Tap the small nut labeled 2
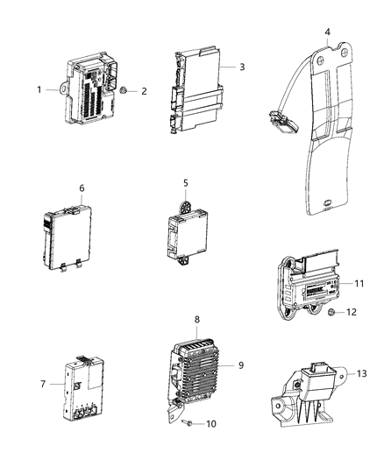pyautogui.click(x=126, y=89)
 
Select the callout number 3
pyautogui.click(x=241, y=67)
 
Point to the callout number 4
pyautogui.click(x=327, y=34)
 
